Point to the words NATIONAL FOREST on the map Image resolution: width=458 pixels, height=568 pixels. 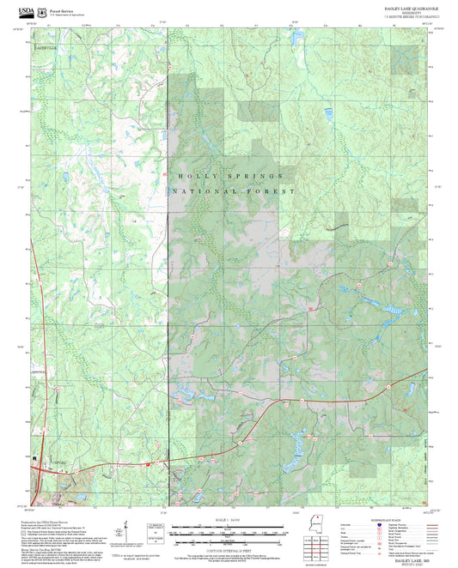234,191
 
